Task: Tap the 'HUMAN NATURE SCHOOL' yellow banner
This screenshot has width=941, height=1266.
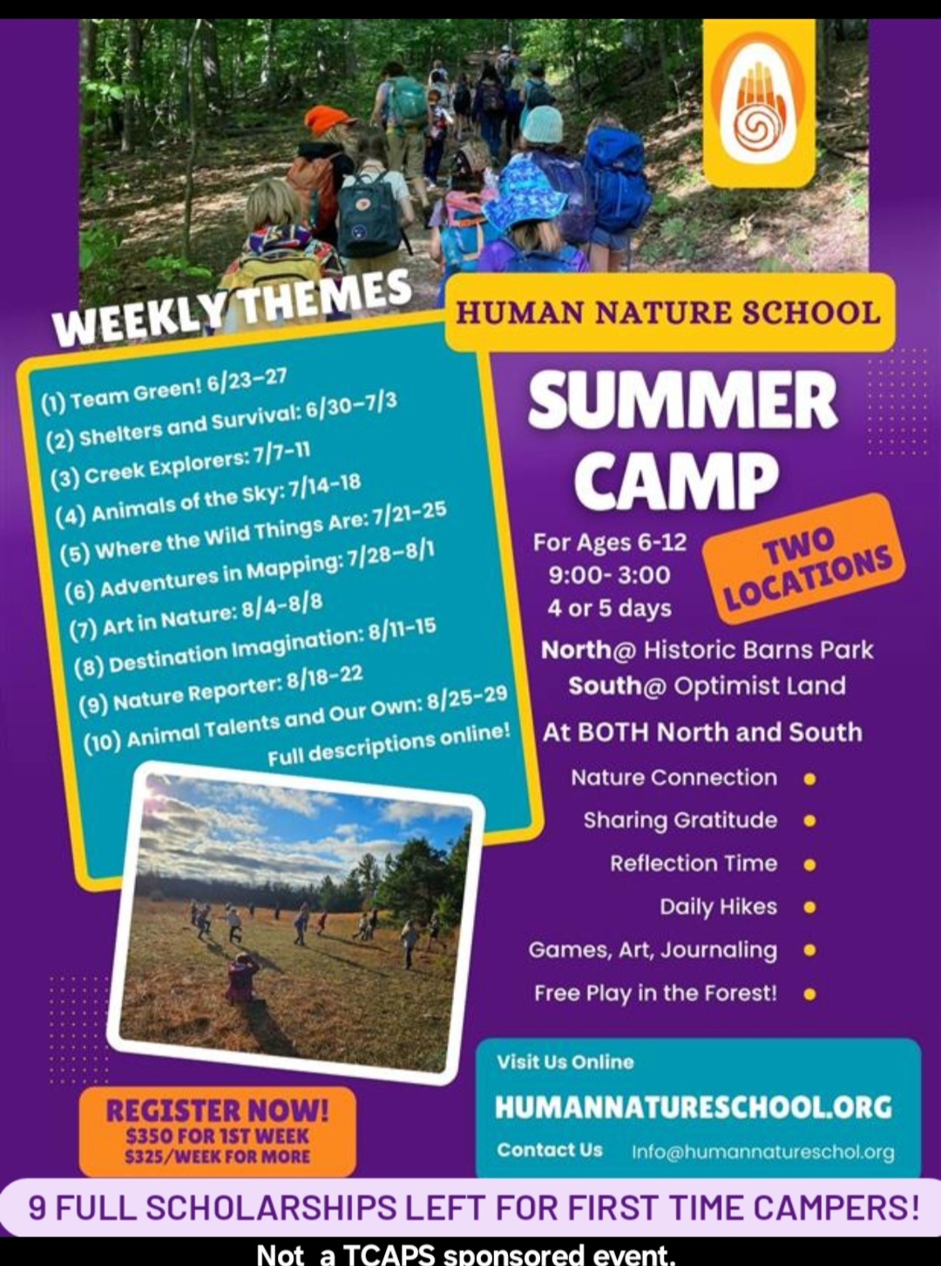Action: tap(670, 313)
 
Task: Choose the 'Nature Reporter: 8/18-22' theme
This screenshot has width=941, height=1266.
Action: tap(222, 690)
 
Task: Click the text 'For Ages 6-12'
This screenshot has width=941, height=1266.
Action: tap(610, 542)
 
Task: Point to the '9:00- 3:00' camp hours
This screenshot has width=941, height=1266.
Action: tap(610, 575)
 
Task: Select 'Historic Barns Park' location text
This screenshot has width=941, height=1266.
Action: tap(759, 650)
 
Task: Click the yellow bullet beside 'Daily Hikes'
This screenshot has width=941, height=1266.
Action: tap(809, 908)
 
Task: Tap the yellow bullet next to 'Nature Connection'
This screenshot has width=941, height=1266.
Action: tap(809, 779)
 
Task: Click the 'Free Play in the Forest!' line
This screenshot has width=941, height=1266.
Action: tap(655, 994)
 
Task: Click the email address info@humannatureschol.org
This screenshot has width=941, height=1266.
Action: tap(763, 1152)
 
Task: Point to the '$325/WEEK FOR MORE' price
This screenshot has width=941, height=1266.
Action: tap(218, 1157)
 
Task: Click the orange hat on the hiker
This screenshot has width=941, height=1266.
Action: tap(328, 120)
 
